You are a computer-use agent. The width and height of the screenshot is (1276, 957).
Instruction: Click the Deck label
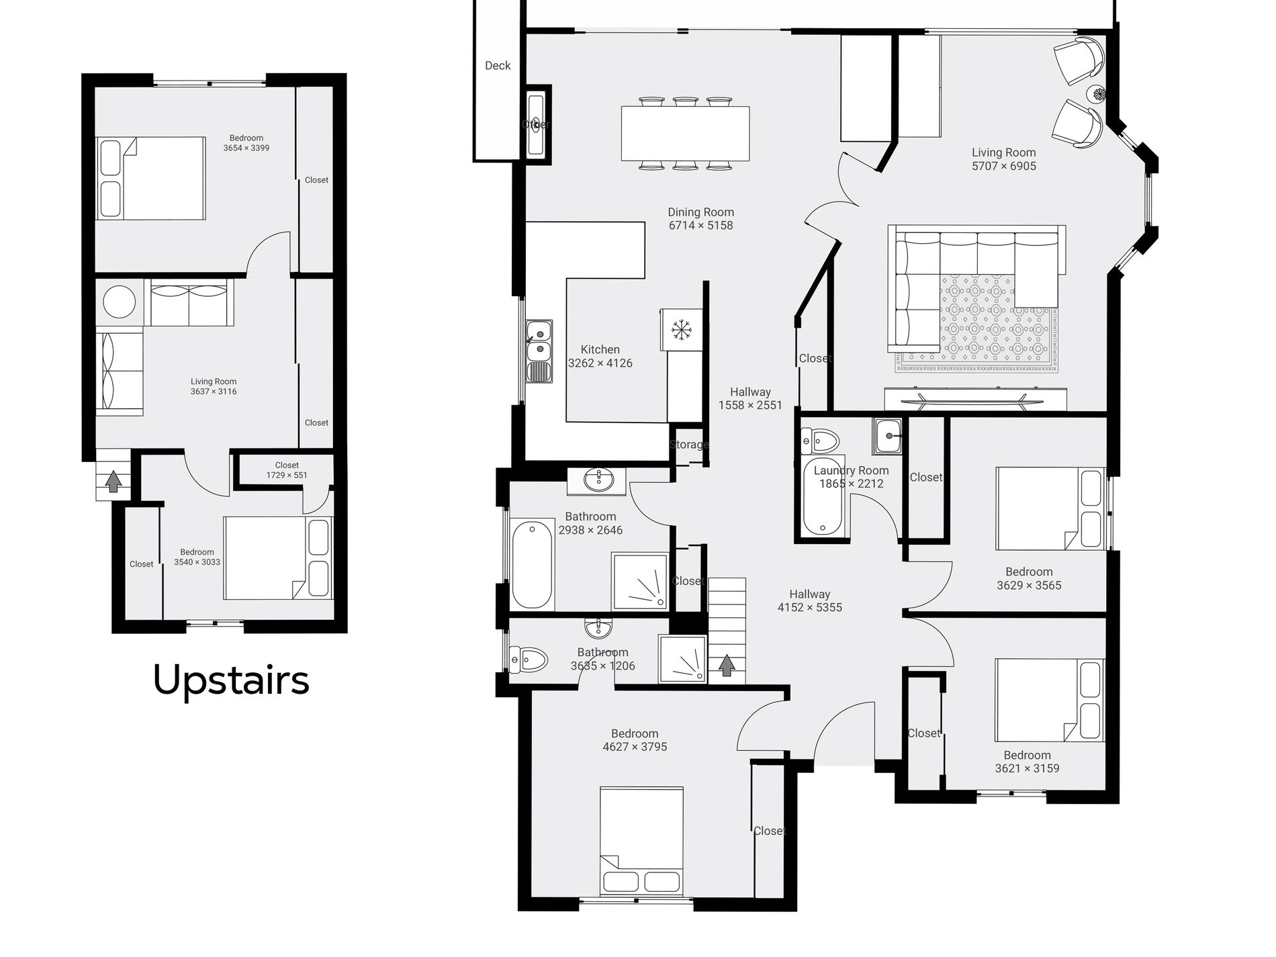coord(498,65)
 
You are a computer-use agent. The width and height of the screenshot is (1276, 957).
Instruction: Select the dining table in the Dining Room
coord(685,133)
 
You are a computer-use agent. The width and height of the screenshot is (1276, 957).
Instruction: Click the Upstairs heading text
coord(231,680)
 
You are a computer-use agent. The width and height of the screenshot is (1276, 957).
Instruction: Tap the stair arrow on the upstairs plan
coord(113,481)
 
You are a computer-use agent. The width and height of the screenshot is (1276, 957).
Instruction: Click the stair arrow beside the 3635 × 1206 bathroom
coord(726,665)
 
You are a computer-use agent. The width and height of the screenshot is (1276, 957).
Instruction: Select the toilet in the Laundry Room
coord(820,441)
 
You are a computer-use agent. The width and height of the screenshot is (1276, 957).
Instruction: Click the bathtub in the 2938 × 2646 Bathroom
coord(533,565)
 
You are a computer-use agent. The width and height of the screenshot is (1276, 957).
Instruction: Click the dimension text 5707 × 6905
coord(1004,166)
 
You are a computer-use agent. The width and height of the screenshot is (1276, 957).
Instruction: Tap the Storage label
coord(689,444)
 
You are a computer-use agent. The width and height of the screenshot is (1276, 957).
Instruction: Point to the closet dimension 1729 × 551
coord(287,475)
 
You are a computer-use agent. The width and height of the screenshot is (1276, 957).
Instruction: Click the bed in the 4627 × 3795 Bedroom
coord(641,841)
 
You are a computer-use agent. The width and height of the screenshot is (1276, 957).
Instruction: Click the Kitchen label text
coord(600,349)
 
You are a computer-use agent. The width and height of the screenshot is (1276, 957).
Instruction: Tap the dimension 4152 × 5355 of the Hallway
coord(810,607)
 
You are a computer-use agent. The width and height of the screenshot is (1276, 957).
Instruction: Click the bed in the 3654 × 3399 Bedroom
coord(150,178)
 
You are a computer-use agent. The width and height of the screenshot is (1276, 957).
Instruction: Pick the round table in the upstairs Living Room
coord(121,301)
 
